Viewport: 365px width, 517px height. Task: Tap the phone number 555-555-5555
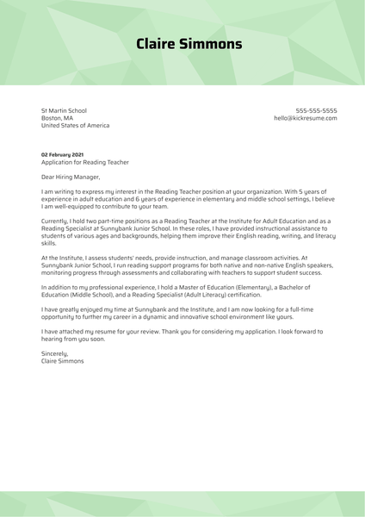point(316,110)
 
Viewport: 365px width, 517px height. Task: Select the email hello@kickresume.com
point(305,118)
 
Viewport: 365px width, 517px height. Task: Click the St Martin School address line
point(65,110)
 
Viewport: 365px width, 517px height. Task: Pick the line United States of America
point(76,126)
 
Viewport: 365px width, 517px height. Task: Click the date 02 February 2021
point(63,154)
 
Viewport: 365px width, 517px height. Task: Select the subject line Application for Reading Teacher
point(85,162)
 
